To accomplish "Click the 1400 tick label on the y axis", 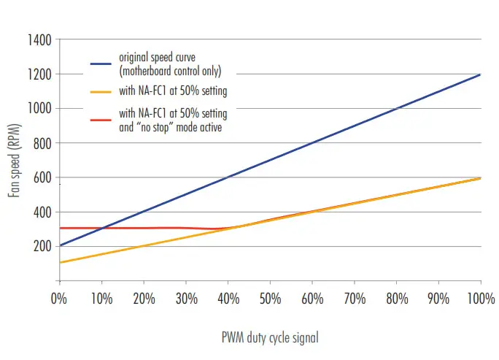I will [38, 39].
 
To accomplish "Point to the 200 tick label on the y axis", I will [41, 246].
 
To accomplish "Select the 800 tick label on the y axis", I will [41, 143].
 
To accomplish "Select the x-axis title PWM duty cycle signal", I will [270, 338].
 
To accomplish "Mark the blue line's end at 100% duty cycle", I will [480, 74].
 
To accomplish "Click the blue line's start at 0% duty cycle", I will [60, 245].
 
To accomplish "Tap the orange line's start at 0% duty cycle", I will [60, 263].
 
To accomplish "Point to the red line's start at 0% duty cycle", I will [60, 228].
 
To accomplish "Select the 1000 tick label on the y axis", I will [38, 108].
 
